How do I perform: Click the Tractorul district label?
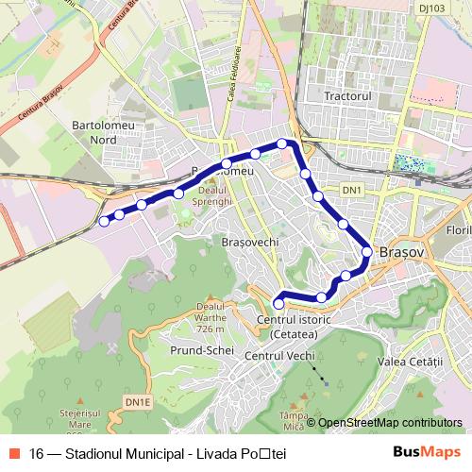click(x=349, y=96)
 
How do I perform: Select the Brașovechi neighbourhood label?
click(x=249, y=242)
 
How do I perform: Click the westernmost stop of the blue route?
click(x=104, y=222)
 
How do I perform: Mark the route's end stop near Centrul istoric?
click(x=278, y=302)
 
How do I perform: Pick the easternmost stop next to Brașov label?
click(x=366, y=251)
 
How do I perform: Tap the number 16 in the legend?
click(x=36, y=453)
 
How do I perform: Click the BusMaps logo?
click(x=426, y=452)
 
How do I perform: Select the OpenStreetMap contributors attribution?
click(x=390, y=422)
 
